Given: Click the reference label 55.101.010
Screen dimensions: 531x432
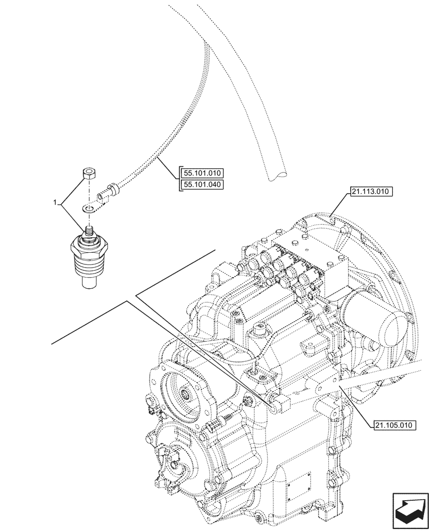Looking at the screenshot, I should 203,174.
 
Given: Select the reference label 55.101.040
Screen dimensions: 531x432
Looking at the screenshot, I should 203,184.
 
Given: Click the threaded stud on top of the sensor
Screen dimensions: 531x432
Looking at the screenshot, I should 89,232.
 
